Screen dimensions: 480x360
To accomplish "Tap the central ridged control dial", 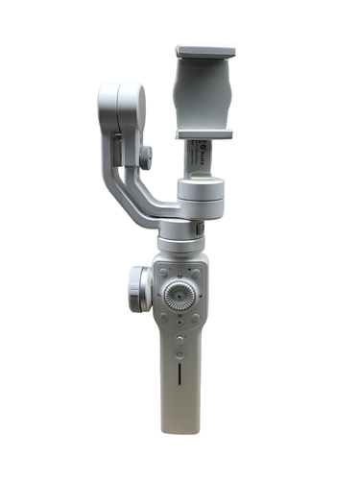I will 179,294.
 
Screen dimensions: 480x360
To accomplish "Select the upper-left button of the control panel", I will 164,273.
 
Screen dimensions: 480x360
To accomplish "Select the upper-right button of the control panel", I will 195,273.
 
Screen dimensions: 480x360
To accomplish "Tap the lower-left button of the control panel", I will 163,316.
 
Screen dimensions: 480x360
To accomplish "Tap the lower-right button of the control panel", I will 195,316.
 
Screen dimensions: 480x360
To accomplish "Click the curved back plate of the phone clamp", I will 204,91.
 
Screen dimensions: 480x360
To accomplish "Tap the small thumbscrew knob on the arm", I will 145,156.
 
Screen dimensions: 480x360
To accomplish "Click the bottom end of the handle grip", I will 180,427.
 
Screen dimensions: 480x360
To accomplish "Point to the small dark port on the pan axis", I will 198,230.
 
